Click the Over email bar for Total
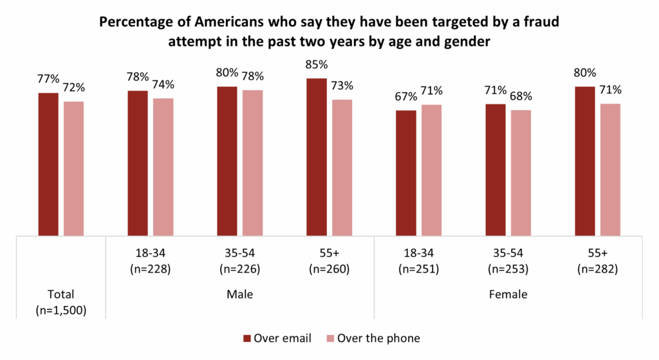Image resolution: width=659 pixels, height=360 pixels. tap(48, 164)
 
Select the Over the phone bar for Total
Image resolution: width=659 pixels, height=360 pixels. tap(73, 168)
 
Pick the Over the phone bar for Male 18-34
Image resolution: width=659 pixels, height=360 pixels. tap(163, 167)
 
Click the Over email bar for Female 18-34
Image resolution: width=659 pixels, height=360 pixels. tap(405, 173)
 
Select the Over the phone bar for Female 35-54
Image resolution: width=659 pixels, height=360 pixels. tap(521, 173)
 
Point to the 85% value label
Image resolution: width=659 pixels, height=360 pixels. tap(317, 65)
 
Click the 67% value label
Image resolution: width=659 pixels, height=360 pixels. tap(406, 97)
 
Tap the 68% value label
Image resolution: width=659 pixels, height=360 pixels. tap(521, 97)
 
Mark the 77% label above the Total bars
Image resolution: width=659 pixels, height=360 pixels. tap(48, 79)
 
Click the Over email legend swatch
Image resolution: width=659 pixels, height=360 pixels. tap(247, 338)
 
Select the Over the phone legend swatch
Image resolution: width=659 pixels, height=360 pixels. tap(331, 338)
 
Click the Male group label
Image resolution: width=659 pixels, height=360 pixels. tap(239, 295)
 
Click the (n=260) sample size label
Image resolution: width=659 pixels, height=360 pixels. tap(329, 269)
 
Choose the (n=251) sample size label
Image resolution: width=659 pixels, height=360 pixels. tap(418, 269)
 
